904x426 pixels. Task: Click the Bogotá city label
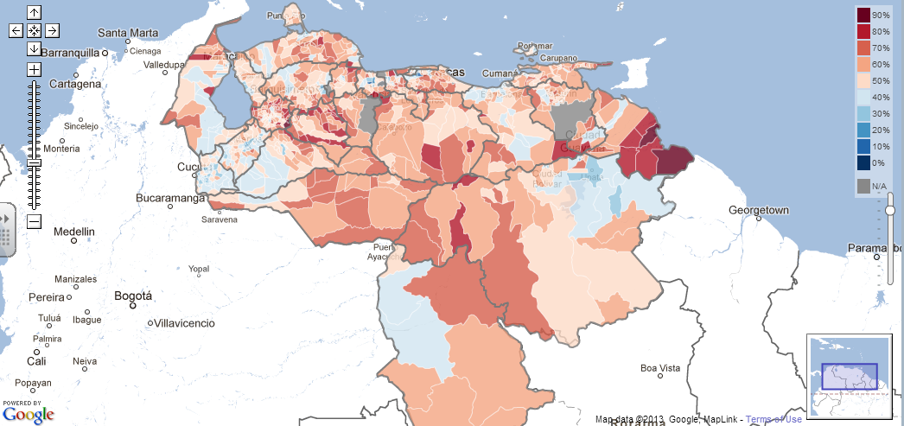pos(133,296)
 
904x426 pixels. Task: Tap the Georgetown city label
pos(759,210)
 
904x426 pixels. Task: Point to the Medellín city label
pos(75,232)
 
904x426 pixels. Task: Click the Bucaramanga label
pos(169,198)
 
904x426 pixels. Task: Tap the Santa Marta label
pos(128,34)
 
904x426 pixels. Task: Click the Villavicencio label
pos(184,323)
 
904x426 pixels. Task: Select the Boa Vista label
pos(660,367)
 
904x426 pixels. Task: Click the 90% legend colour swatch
pos(863,15)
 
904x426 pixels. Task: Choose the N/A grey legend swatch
pos(863,186)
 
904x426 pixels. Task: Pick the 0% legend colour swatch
pos(863,162)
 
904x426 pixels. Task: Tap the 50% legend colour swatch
pos(863,80)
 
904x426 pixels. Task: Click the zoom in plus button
pos(34,69)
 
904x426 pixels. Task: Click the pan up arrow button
pos(34,12)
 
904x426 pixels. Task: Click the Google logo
pos(28,415)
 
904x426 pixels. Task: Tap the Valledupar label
pos(165,65)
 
